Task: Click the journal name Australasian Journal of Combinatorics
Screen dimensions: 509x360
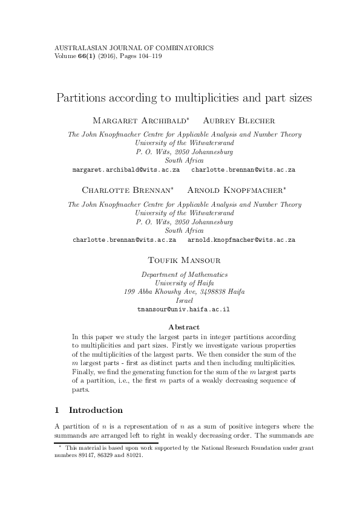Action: tap(134, 48)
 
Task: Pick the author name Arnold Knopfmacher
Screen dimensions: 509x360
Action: tap(237, 190)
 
